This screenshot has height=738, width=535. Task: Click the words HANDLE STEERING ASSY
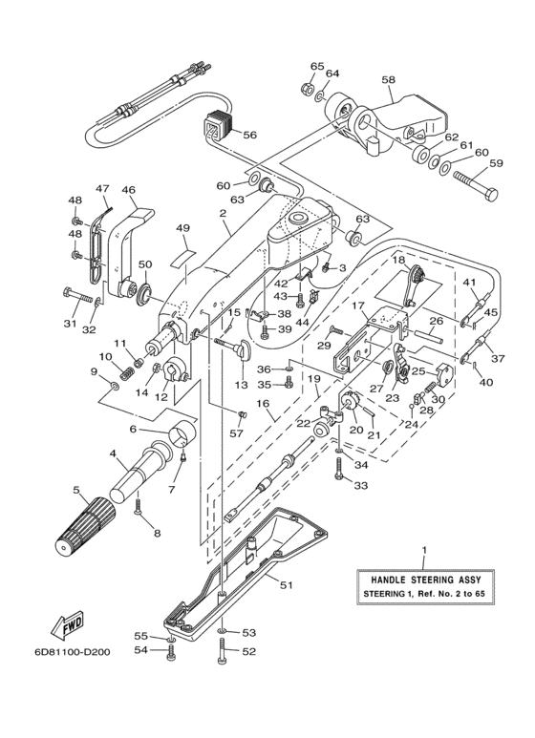(425, 580)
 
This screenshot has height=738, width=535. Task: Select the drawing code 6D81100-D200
(72, 653)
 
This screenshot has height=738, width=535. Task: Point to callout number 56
(249, 135)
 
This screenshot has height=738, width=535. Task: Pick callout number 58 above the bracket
(389, 80)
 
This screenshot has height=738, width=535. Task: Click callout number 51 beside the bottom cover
(287, 585)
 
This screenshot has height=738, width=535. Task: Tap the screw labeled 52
(223, 651)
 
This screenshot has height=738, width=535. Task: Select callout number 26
(436, 321)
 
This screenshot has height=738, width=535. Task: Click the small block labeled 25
(444, 372)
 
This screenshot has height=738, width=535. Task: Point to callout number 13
(241, 385)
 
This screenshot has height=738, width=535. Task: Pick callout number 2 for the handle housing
(223, 213)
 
